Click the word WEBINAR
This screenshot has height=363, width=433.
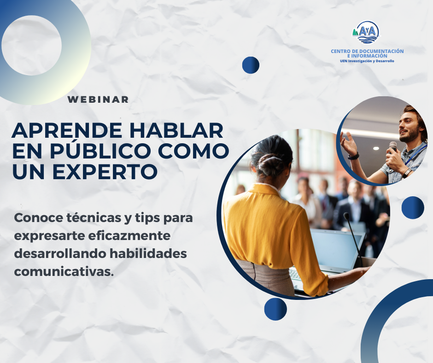pyautogui.click(x=98, y=100)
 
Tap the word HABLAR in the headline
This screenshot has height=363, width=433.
pyautogui.click(x=176, y=130)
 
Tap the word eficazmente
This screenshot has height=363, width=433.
pyautogui.click(x=129, y=236)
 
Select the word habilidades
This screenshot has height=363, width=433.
pyautogui.click(x=148, y=253)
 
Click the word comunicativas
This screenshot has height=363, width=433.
pyautogui.click(x=64, y=272)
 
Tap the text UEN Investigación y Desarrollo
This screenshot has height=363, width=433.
pyautogui.click(x=367, y=61)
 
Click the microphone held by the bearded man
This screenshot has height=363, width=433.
pyautogui.click(x=392, y=147)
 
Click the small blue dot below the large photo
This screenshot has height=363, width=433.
pyautogui.click(x=275, y=309)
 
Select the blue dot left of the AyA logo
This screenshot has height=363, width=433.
pyautogui.click(x=251, y=65)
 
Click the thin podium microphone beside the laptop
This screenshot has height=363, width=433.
pyautogui.click(x=353, y=236)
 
